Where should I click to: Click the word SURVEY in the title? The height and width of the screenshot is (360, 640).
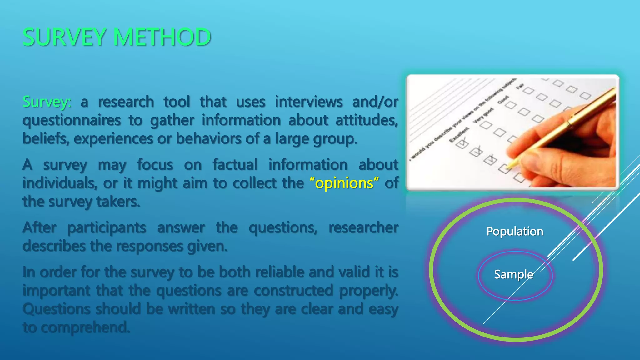(x=64, y=37)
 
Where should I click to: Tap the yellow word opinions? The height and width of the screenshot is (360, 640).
(x=344, y=183)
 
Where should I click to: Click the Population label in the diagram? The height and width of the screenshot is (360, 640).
(x=515, y=232)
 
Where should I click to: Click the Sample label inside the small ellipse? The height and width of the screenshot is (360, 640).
(x=513, y=275)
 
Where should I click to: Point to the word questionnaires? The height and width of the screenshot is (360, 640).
(x=72, y=121)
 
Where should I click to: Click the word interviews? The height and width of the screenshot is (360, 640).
(x=309, y=102)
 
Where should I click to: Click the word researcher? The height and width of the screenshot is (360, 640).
(x=363, y=228)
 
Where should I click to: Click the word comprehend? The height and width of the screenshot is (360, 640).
(x=85, y=328)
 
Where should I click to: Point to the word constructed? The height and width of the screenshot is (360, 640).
(x=293, y=291)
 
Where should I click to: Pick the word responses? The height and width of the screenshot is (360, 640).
(x=149, y=247)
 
